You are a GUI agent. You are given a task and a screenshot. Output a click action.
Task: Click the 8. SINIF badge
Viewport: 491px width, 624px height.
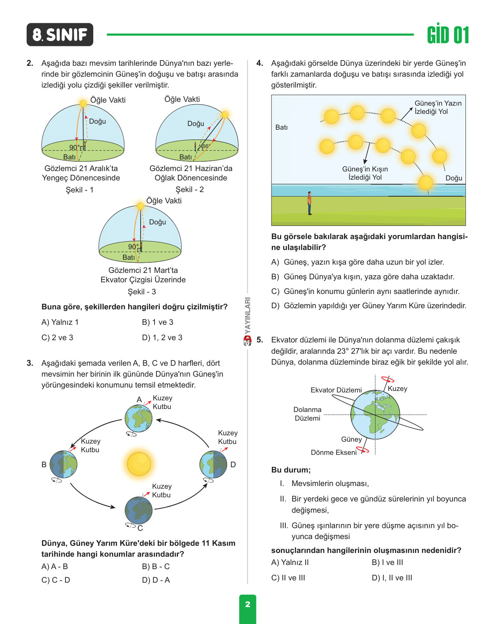click(x=60, y=35)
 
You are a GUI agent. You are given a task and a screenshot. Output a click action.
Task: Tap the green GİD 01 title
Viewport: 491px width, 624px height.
click(x=448, y=35)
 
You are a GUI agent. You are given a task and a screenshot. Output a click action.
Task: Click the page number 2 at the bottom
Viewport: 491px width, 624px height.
click(x=248, y=604)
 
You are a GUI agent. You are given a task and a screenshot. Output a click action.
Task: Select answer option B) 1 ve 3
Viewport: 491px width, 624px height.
click(x=158, y=322)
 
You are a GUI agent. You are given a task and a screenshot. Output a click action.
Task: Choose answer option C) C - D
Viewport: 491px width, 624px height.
click(x=56, y=580)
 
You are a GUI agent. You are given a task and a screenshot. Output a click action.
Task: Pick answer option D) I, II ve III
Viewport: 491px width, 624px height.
click(x=392, y=578)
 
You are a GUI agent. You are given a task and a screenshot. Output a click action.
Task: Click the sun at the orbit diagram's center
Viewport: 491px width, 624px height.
click(x=139, y=464)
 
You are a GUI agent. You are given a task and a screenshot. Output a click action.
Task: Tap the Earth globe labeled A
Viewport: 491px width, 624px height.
click(x=139, y=418)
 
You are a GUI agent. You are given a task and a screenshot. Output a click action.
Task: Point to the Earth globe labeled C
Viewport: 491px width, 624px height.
click(x=139, y=510)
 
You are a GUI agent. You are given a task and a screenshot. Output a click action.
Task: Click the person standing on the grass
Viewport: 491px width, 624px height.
click(x=309, y=203)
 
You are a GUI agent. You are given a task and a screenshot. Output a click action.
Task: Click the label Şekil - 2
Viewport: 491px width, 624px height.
click(x=190, y=189)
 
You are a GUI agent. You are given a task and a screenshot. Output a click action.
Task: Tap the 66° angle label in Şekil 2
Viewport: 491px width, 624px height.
click(x=206, y=146)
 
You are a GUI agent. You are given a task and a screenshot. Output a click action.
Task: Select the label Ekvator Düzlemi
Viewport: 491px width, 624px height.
click(x=336, y=390)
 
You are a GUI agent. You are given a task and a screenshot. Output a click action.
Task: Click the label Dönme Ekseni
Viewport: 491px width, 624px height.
click(x=333, y=453)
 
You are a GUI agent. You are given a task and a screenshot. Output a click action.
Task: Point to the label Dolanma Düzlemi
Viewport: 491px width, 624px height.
click(x=308, y=414)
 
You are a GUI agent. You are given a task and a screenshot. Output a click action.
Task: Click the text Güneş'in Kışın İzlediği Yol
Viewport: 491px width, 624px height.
click(x=365, y=173)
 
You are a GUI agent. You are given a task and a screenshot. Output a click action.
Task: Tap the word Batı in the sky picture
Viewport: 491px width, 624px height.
click(x=281, y=127)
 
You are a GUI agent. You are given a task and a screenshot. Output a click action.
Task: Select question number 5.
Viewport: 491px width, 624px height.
click(x=260, y=340)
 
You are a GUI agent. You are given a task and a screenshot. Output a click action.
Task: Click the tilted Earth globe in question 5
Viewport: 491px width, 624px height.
click(x=376, y=415)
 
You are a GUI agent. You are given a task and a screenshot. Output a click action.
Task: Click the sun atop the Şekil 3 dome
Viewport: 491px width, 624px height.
click(x=140, y=206)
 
